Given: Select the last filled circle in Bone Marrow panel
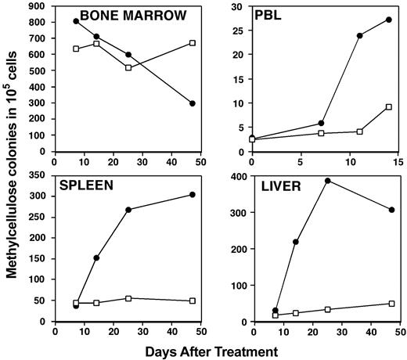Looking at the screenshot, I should (x=193, y=103).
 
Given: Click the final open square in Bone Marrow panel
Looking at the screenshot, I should (x=193, y=43).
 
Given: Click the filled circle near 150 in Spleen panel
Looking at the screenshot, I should (x=96, y=257).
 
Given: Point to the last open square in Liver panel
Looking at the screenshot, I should (x=391, y=304).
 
